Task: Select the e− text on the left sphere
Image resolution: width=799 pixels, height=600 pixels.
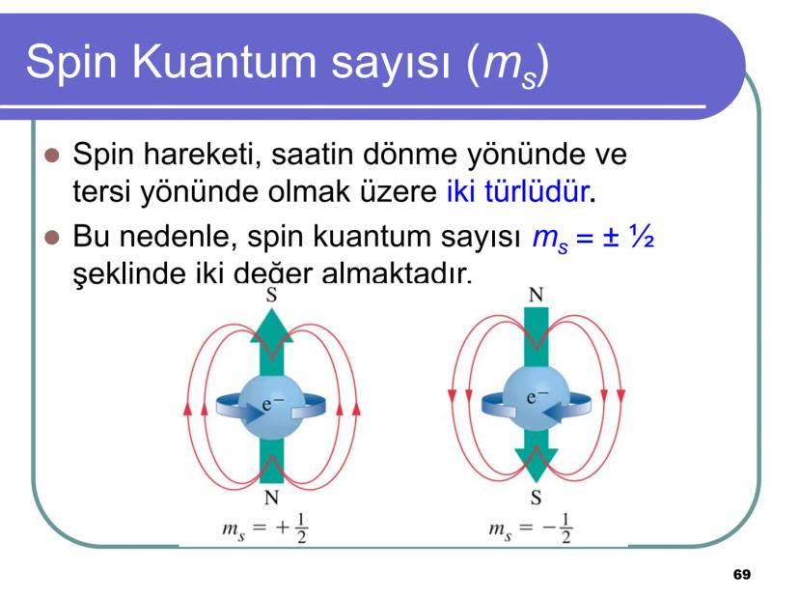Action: (273, 405)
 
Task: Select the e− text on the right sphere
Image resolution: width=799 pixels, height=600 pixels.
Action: (537, 397)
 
